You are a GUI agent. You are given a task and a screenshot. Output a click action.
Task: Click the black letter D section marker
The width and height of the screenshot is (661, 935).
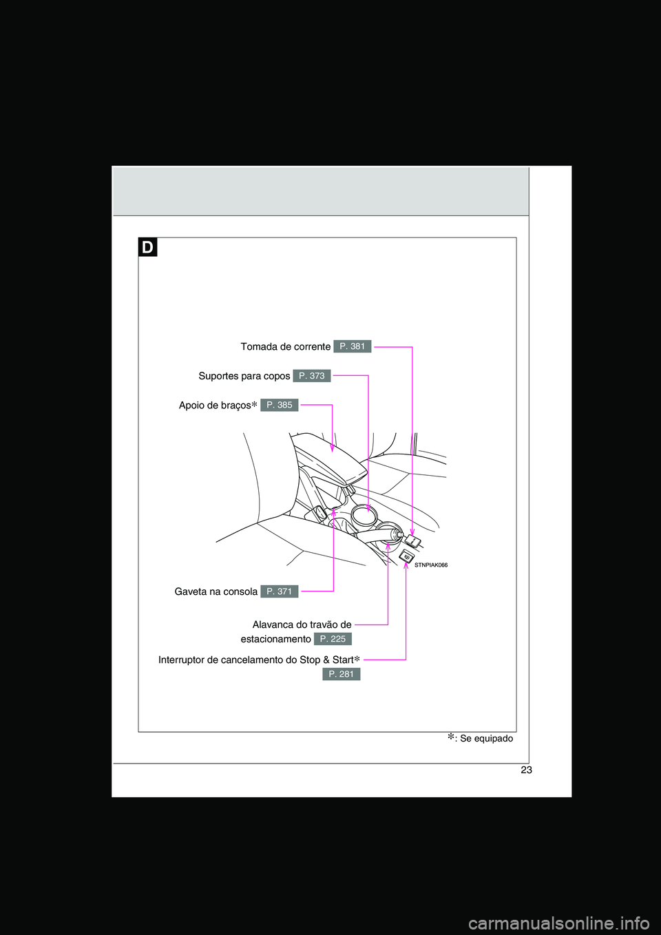tap(147, 246)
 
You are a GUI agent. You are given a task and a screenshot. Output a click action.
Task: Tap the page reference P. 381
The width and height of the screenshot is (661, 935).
tap(352, 346)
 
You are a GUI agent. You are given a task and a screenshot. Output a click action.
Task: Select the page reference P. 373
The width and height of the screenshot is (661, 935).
tap(311, 376)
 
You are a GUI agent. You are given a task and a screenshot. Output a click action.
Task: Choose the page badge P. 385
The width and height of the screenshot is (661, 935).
tap(279, 405)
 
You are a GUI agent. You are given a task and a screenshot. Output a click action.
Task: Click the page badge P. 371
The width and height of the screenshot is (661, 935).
tap(279, 591)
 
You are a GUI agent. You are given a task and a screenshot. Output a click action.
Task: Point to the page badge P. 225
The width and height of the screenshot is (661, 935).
tap(333, 639)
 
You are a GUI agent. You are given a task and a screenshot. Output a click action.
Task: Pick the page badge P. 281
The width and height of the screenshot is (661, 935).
tap(341, 674)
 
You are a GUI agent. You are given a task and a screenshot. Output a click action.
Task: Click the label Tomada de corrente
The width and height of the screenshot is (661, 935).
tap(285, 347)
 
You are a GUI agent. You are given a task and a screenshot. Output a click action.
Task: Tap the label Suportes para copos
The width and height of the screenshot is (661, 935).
tap(244, 376)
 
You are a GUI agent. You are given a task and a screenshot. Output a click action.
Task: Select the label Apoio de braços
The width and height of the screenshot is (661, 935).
tap(215, 406)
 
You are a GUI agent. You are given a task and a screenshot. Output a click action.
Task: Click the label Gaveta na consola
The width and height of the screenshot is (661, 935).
tap(216, 592)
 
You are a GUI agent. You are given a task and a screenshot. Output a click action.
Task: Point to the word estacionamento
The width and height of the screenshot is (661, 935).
tap(275, 640)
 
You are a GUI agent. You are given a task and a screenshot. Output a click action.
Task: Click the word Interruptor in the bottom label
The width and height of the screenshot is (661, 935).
tap(181, 660)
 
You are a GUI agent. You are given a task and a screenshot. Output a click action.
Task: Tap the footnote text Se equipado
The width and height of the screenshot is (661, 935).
tap(486, 739)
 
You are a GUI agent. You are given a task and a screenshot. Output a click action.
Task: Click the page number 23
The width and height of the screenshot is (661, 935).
tap(526, 770)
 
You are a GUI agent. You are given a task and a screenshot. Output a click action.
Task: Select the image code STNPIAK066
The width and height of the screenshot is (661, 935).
tap(431, 565)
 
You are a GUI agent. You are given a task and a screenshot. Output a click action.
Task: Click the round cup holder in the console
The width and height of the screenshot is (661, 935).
tap(364, 514)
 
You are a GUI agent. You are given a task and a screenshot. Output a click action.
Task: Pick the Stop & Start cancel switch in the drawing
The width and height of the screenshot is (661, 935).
tap(406, 556)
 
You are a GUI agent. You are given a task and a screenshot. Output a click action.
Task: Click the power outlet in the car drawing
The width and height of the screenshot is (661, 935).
tap(412, 540)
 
